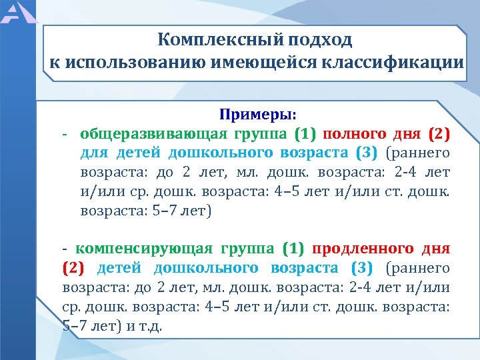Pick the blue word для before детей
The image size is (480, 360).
pyautogui.click(x=94, y=153)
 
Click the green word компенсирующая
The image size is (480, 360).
pyautogui.click(x=143, y=249)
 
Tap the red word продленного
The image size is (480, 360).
pyautogui.click(x=363, y=249)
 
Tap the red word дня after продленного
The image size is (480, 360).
pyautogui.click(x=436, y=249)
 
